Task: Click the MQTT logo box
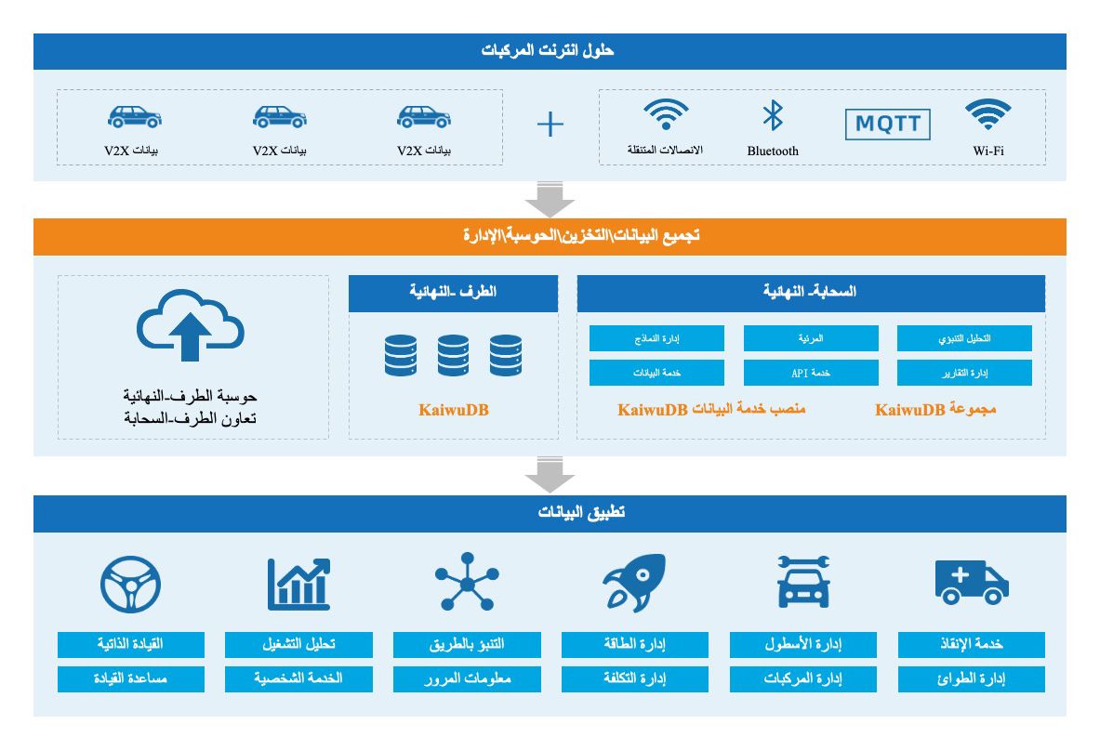click(x=887, y=125)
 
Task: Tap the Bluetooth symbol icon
click(x=773, y=116)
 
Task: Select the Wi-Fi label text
click(x=987, y=151)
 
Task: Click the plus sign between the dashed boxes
click(x=550, y=125)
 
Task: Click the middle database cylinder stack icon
click(x=453, y=355)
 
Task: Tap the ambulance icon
click(x=971, y=582)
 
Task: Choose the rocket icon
click(x=634, y=583)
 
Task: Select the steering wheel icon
click(x=130, y=583)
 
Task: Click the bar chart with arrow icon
click(x=298, y=583)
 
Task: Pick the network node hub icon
click(x=467, y=581)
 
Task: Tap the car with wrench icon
click(x=802, y=583)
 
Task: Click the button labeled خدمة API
click(x=811, y=373)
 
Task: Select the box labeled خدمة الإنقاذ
click(x=971, y=644)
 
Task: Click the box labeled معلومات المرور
click(x=467, y=678)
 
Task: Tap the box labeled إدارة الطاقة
click(x=634, y=644)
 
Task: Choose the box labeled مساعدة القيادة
click(x=130, y=678)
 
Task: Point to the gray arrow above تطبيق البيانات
click(x=550, y=476)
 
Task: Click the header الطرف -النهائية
click(x=453, y=292)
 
